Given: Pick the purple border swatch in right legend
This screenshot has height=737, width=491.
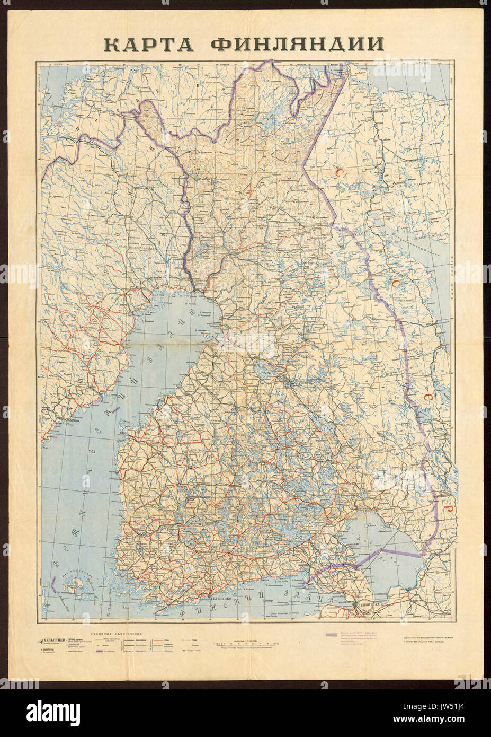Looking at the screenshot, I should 331,635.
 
